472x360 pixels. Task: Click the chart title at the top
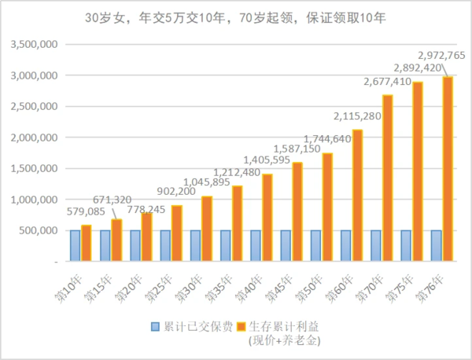click(235, 17)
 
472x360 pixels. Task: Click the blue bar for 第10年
click(75, 245)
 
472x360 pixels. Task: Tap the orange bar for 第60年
click(357, 195)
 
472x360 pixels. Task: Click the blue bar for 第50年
click(316, 245)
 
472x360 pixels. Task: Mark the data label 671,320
click(113, 201)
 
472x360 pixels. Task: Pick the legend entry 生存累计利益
click(284, 325)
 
